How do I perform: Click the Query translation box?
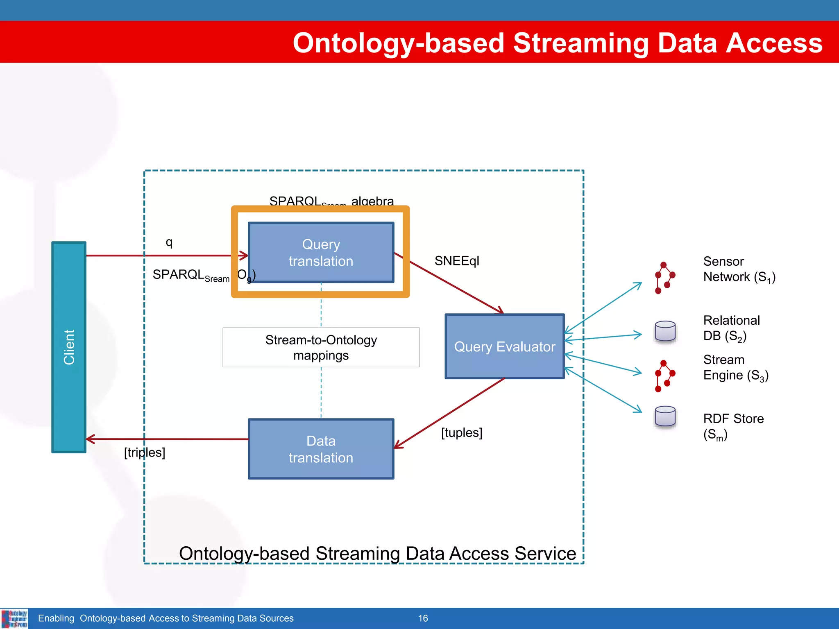tap(321, 252)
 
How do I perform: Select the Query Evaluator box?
tap(504, 346)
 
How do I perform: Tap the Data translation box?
tap(321, 449)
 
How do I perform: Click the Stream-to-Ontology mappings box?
tap(321, 347)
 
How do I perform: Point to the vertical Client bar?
tap(69, 347)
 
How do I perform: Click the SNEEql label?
tap(456, 261)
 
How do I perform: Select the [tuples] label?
tap(461, 432)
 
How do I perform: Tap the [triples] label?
tap(144, 453)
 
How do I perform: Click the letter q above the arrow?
tap(169, 242)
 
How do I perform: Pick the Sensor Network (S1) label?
tap(739, 269)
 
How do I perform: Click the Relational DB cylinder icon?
tap(665, 331)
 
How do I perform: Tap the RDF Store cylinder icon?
tap(665, 417)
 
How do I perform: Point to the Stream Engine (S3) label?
tap(735, 367)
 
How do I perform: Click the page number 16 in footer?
tap(423, 618)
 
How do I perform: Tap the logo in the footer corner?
tap(14, 618)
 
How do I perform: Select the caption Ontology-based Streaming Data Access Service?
tap(377, 554)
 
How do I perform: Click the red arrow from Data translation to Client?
tap(168, 439)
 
